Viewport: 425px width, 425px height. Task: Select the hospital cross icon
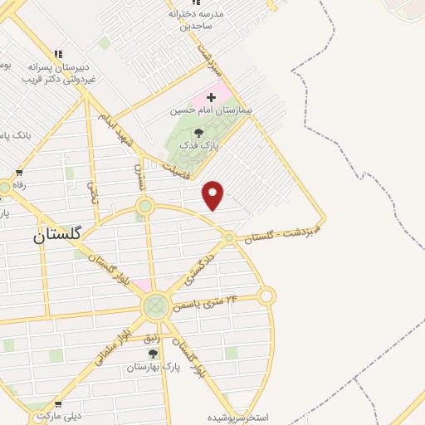(x=211, y=98)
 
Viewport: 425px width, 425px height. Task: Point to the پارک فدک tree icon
(x=198, y=133)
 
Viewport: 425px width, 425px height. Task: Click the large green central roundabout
(x=155, y=306)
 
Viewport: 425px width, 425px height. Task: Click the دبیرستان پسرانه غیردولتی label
(x=58, y=72)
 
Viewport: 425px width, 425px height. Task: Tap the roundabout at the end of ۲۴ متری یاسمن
(x=266, y=296)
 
